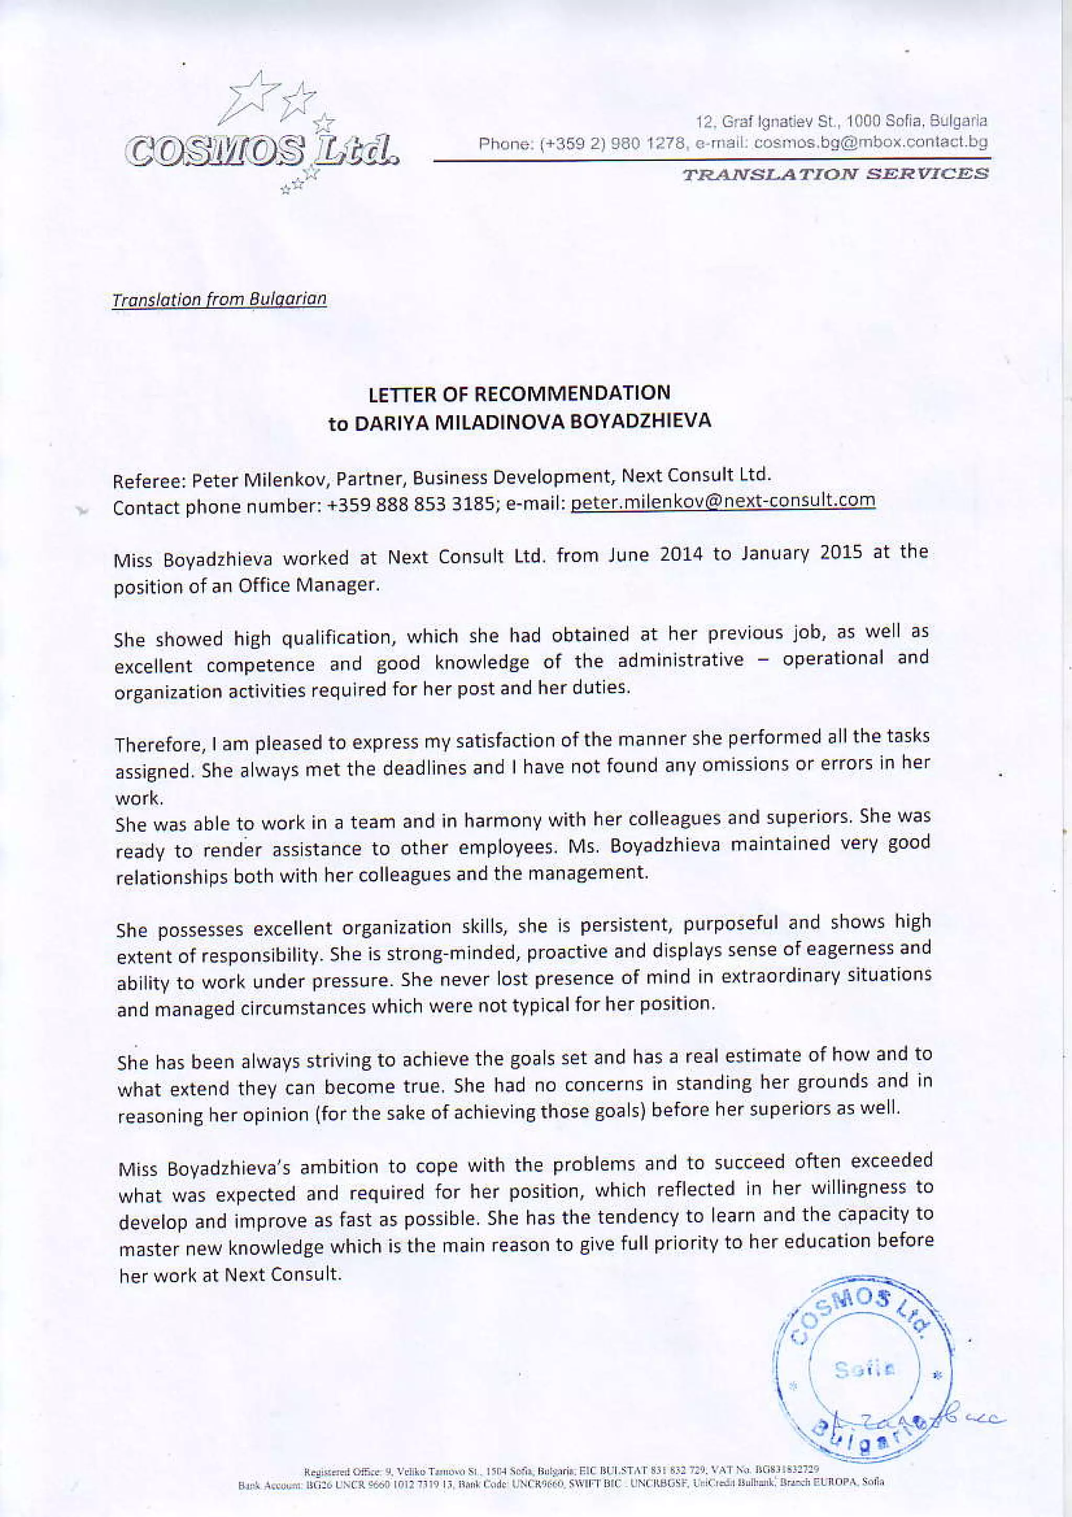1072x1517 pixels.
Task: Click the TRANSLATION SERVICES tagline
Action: tap(835, 174)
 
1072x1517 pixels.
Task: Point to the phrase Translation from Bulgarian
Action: tap(219, 299)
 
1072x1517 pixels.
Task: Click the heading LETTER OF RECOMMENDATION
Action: tap(519, 394)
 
